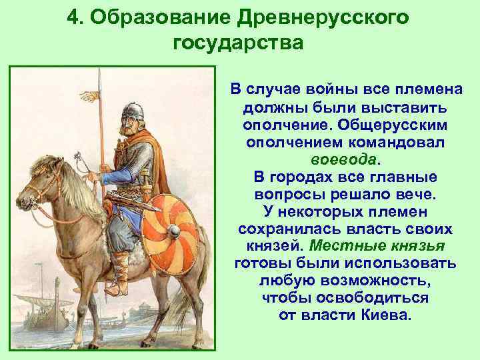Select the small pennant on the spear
[89, 97]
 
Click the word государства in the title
[237, 43]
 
